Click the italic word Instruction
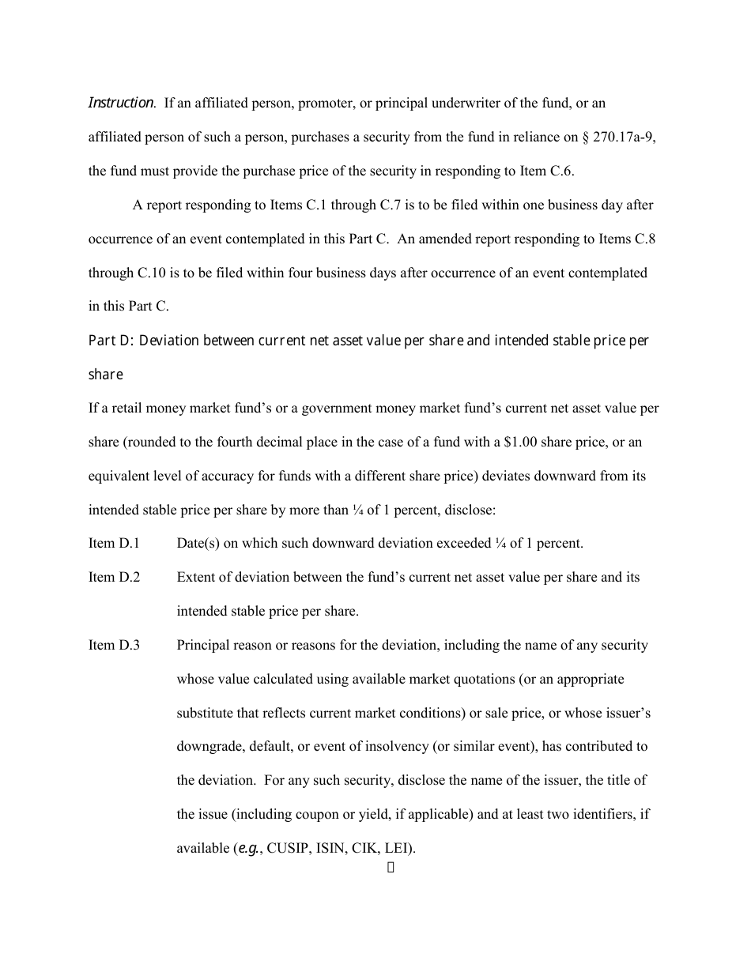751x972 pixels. [x=121, y=103]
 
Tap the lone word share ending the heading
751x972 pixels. [x=105, y=375]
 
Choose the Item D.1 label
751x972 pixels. [x=114, y=543]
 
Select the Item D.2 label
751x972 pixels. [x=114, y=577]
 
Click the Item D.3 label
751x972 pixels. [x=114, y=645]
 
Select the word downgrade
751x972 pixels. [x=207, y=746]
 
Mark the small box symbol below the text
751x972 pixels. [x=391, y=868]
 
